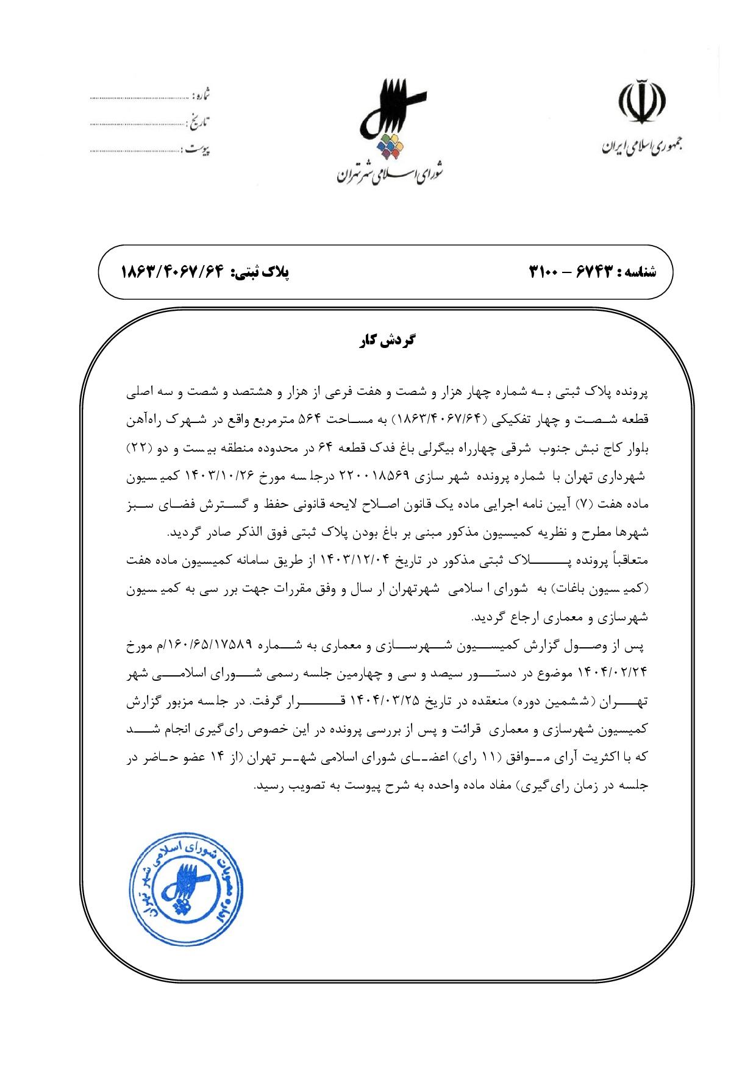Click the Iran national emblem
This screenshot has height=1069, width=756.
coord(642,101)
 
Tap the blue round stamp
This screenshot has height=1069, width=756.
coord(187,889)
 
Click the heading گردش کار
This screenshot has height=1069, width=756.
coord(387,340)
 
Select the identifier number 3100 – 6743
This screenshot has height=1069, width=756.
coord(569,271)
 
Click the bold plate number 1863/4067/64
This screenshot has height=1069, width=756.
coord(173,271)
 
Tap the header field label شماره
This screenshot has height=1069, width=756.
coord(201,95)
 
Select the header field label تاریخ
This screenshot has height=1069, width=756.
coord(198,123)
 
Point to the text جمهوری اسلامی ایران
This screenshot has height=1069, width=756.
coord(641,146)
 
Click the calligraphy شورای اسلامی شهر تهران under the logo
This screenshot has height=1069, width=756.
coord(390,174)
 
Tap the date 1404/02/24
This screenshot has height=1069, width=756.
coord(613,673)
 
